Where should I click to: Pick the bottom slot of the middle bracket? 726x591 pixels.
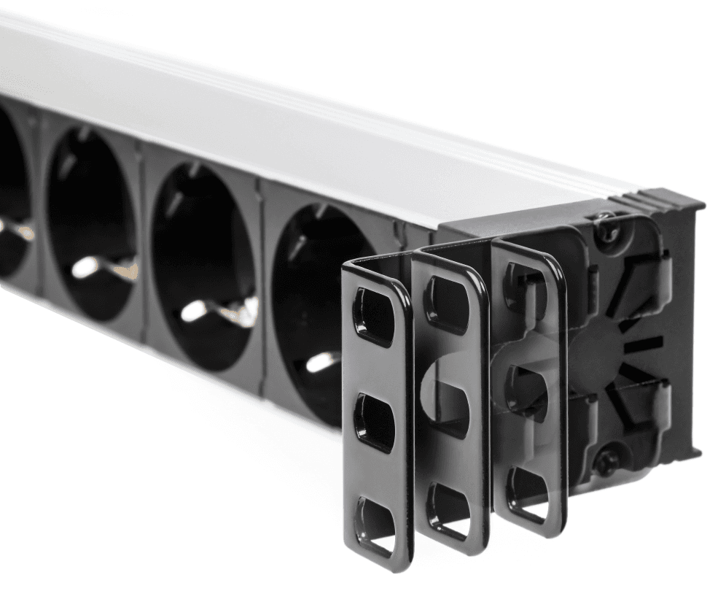pos(446,503)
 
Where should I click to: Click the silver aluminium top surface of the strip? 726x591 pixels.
pos(292,109)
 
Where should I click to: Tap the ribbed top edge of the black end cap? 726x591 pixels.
pos(656,199)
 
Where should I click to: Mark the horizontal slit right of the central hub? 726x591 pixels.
pos(645,341)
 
